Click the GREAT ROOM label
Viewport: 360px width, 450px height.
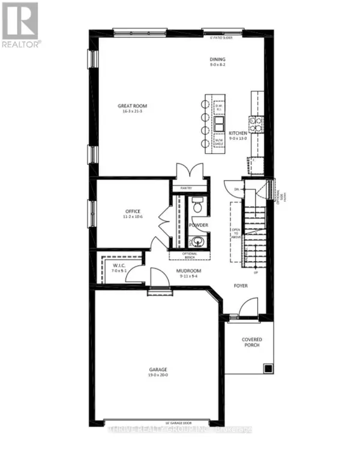coord(132,106)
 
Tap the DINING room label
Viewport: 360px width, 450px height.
coord(217,59)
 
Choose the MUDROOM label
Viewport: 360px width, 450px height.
coord(188,271)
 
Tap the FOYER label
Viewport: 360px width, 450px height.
coord(242,286)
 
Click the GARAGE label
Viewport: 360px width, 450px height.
coord(158,370)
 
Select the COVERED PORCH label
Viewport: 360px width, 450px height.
coord(252,343)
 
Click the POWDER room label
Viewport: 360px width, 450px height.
coord(199,225)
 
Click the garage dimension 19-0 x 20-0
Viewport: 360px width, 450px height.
coord(158,376)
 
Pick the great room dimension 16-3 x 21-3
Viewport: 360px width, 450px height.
coord(132,112)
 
